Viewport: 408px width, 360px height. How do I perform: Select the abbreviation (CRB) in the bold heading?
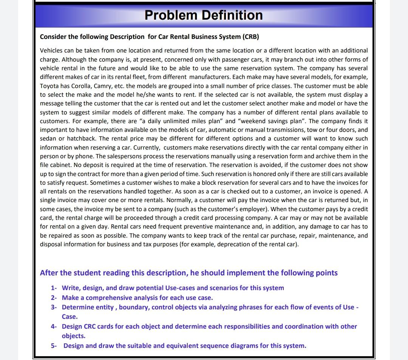[250, 37]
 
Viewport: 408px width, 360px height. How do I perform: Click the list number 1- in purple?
[54, 288]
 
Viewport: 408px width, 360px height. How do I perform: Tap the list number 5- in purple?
[54, 346]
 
